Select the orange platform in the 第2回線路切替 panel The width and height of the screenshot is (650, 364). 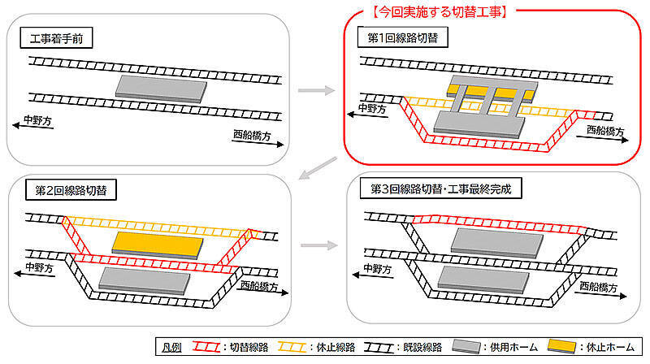click(x=154, y=242)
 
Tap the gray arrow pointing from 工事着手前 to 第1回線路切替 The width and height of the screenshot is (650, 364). click(x=316, y=90)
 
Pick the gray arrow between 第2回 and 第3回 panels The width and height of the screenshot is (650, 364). click(x=316, y=243)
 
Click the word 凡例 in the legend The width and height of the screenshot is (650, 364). click(x=172, y=348)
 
